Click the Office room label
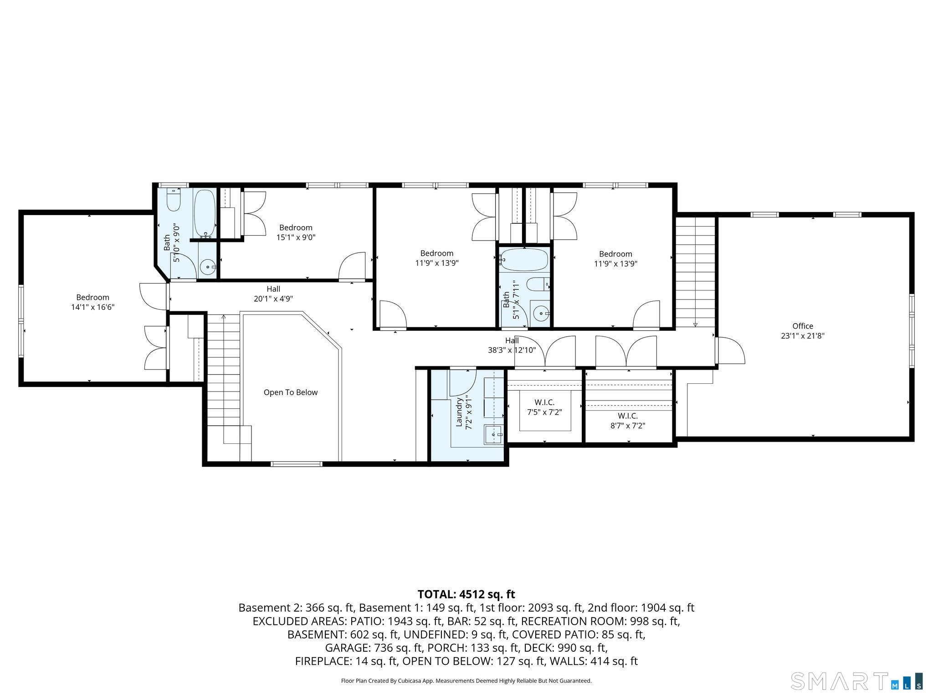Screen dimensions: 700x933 click(x=802, y=326)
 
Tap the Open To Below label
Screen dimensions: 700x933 click(x=290, y=392)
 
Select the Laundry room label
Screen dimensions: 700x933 click(x=459, y=412)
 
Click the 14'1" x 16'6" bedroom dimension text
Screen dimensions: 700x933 click(x=92, y=307)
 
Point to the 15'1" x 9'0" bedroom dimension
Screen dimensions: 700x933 click(x=296, y=237)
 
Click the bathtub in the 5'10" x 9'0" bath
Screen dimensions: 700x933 click(x=205, y=213)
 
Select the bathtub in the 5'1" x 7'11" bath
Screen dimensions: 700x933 click(x=524, y=259)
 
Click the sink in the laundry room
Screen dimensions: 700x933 click(x=493, y=434)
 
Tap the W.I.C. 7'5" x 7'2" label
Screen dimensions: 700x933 click(x=544, y=407)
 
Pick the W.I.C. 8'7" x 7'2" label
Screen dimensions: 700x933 click(x=628, y=421)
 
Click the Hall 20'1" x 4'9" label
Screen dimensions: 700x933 click(x=273, y=294)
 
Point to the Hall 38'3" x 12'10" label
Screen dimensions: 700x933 click(x=512, y=345)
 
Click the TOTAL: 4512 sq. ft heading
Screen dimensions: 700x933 click(x=466, y=594)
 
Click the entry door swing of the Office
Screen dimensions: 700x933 click(x=730, y=350)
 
